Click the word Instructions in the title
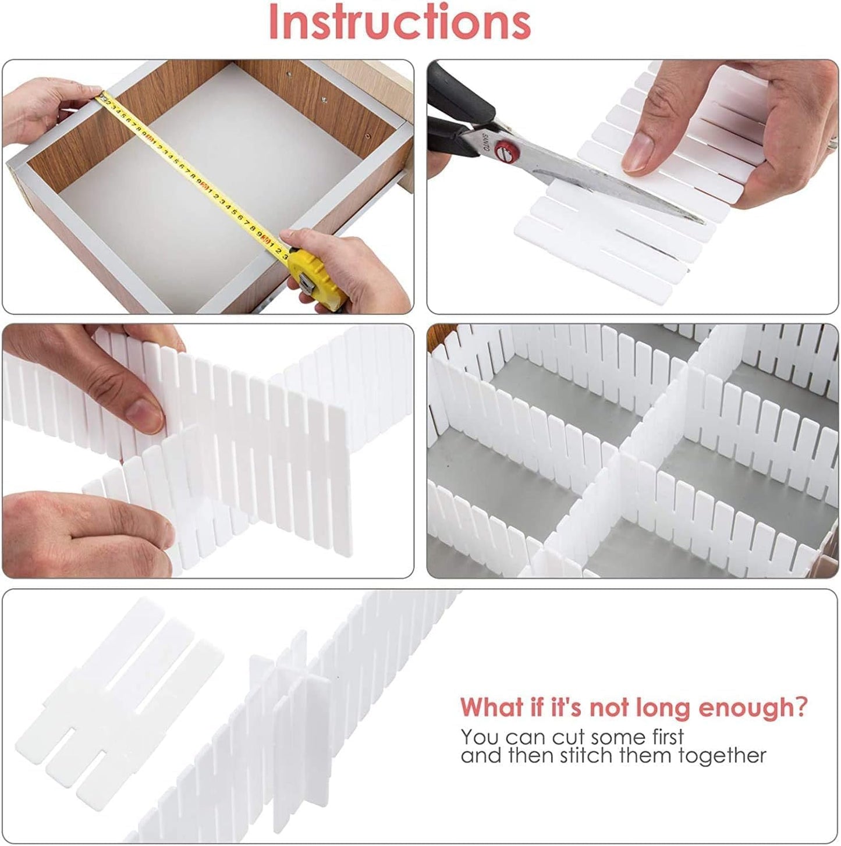tap(399, 22)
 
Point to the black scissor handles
tap(460, 111)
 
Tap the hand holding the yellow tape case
tap(349, 268)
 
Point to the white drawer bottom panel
tap(210, 192)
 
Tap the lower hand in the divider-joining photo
tap(81, 532)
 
